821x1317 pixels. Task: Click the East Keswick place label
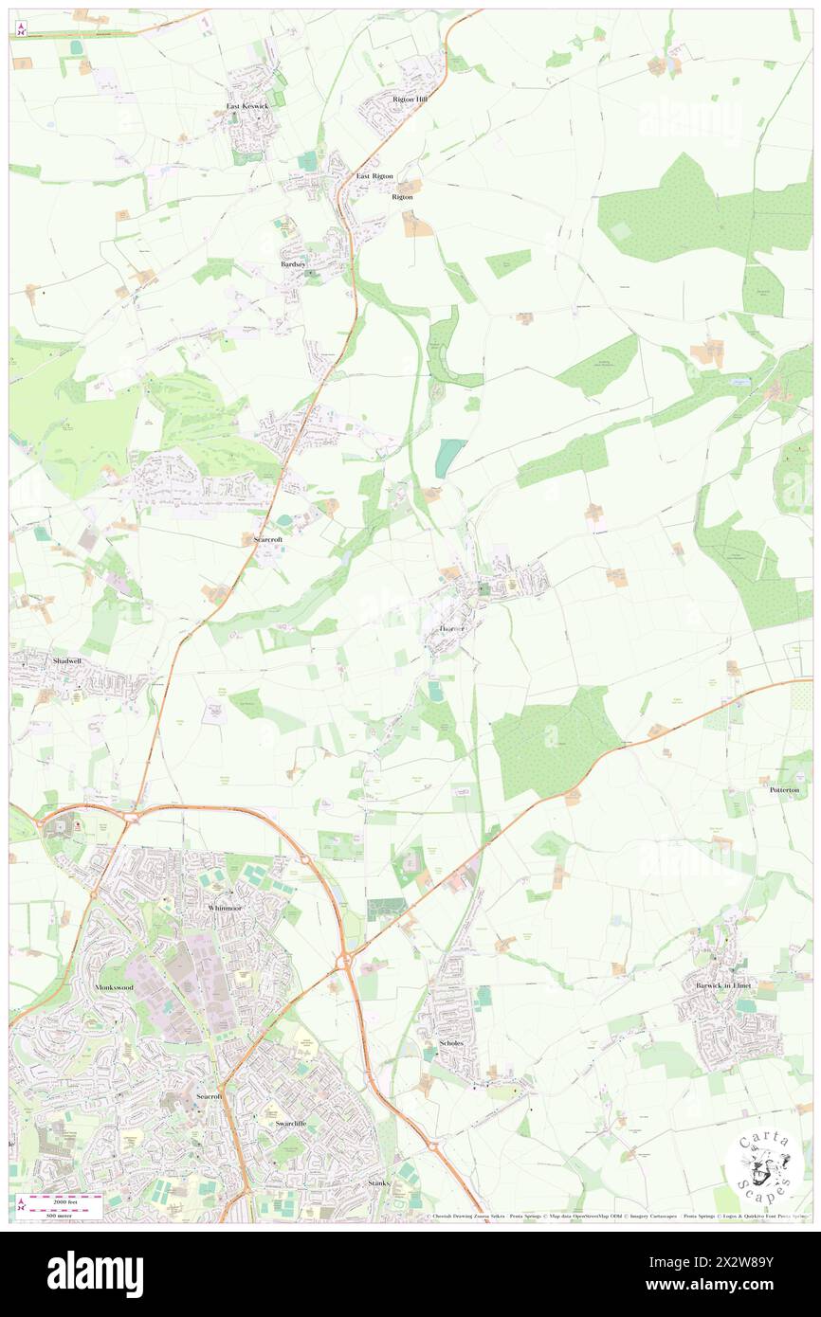click(247, 106)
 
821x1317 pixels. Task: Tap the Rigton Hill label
click(410, 99)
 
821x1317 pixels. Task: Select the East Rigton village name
click(374, 176)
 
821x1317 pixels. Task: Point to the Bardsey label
click(294, 265)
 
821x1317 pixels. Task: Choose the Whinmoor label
click(225, 908)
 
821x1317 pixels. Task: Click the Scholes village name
click(450, 1043)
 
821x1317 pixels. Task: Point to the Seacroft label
click(209, 1096)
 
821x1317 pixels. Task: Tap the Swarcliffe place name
click(289, 1123)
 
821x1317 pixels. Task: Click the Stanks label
click(379, 1184)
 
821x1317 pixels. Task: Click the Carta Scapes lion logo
click(764, 1164)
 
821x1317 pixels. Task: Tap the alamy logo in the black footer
click(95, 1274)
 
